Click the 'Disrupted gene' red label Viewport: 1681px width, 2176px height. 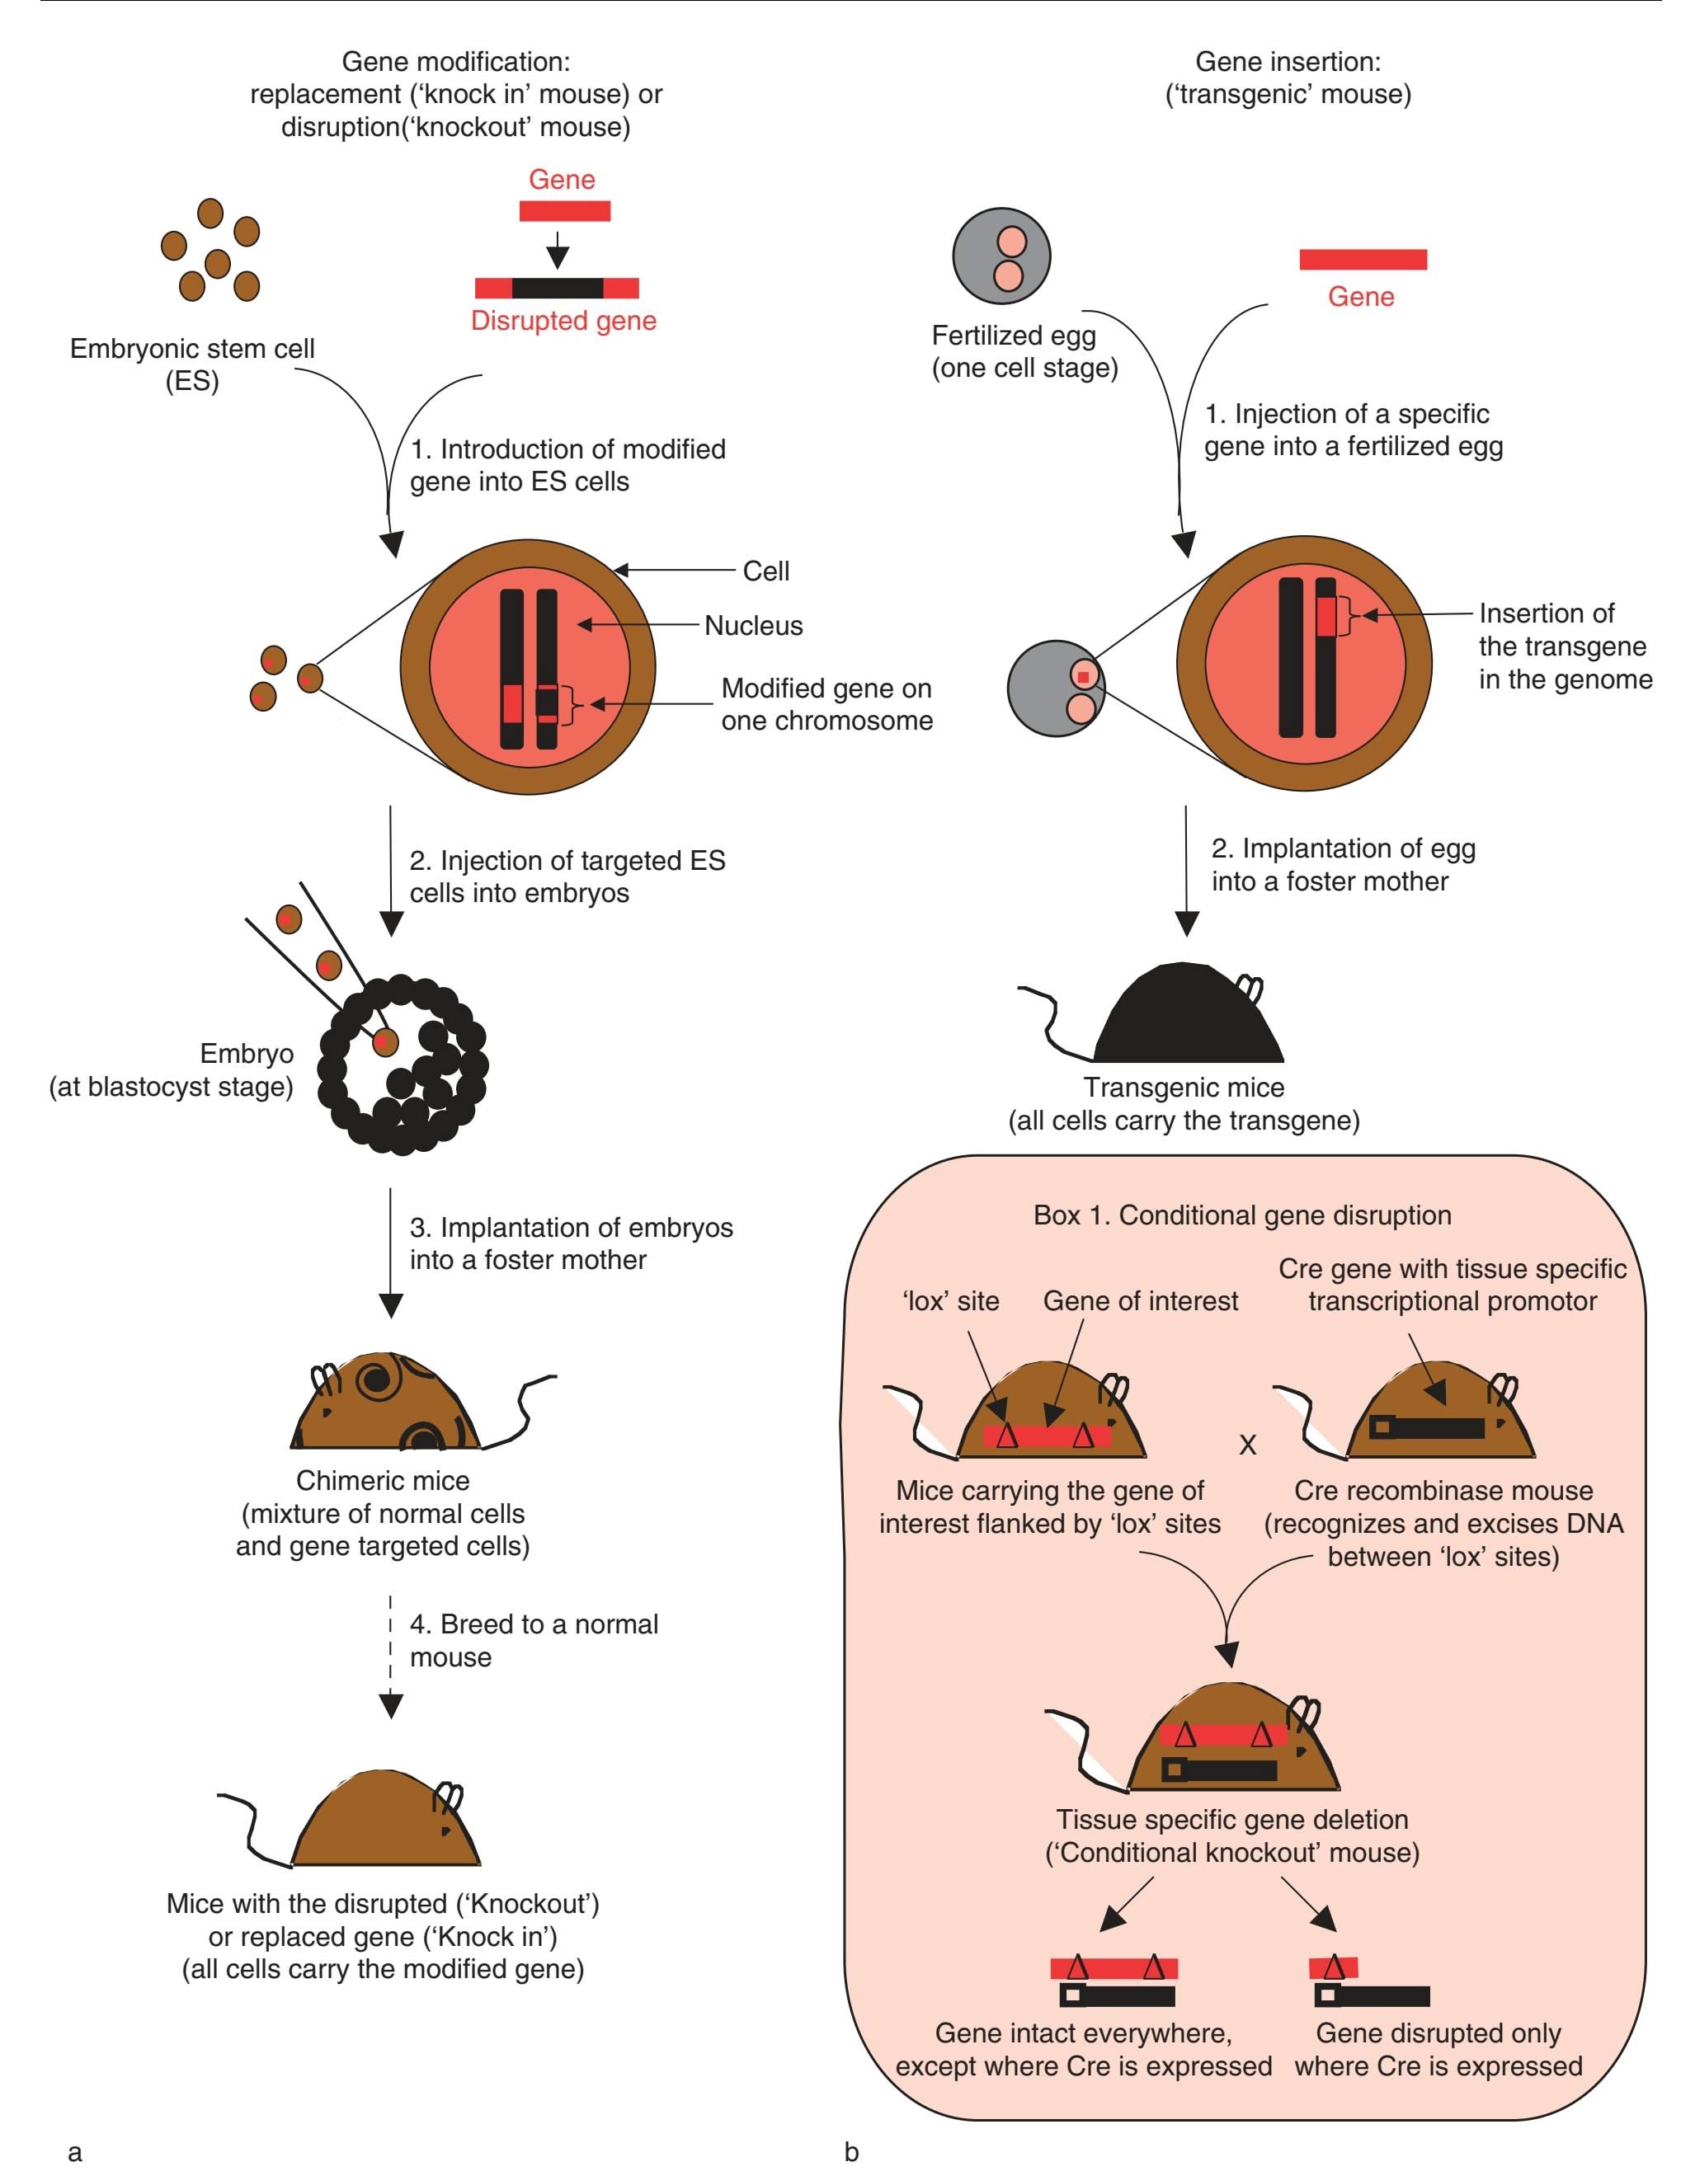click(x=563, y=321)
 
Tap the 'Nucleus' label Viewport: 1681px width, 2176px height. click(x=753, y=626)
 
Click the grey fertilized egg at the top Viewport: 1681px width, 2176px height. click(x=1001, y=256)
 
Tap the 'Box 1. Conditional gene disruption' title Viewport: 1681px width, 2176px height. click(x=1241, y=1215)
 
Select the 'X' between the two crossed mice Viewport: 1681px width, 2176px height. click(x=1247, y=1445)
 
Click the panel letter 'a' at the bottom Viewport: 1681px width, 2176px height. click(x=75, y=2152)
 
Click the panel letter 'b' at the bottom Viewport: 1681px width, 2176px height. click(x=851, y=2152)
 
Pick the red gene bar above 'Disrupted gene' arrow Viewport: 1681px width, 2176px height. click(x=564, y=211)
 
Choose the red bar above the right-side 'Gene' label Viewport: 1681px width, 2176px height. click(x=1362, y=259)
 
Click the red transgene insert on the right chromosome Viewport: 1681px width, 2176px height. click(x=1325, y=617)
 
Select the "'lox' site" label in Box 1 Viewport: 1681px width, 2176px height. click(x=950, y=1301)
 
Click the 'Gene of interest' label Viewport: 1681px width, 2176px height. click(x=1140, y=1301)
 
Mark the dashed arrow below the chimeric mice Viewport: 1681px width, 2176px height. click(x=392, y=1654)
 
